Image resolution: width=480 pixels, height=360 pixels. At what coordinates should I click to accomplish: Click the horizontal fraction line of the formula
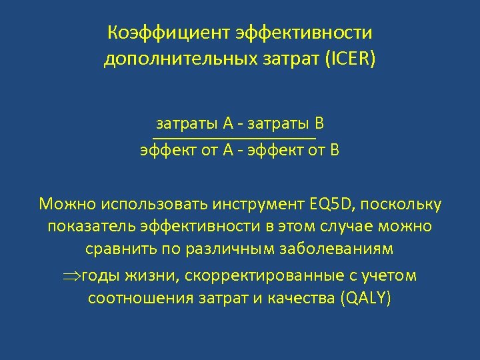(x=233, y=137)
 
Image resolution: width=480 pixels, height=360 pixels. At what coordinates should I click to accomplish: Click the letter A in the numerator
(x=228, y=123)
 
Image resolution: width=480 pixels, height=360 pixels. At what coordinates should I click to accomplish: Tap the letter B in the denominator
(x=335, y=150)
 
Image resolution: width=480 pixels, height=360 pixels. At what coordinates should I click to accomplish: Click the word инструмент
(x=265, y=203)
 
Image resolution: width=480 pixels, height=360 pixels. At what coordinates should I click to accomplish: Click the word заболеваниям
(x=338, y=249)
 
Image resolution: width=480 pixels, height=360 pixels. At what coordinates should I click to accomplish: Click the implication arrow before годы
(x=71, y=275)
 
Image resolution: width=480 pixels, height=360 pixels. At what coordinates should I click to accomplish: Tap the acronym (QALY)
(x=365, y=297)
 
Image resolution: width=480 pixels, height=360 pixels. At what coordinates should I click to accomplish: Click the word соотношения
(x=141, y=297)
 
